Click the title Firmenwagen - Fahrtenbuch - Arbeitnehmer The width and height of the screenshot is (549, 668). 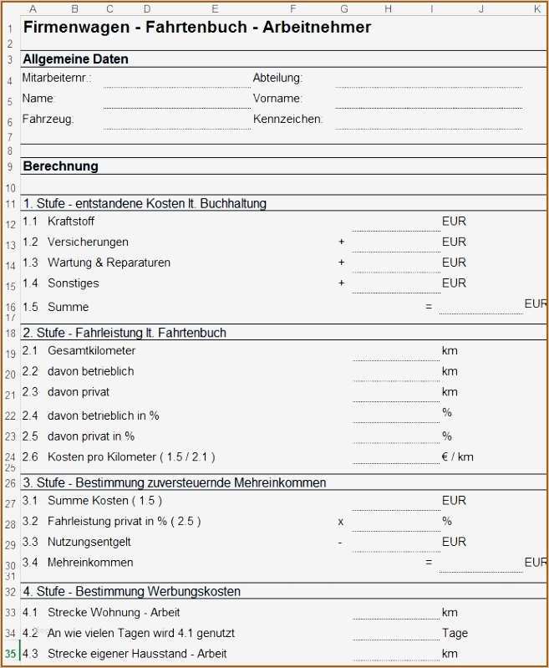click(x=196, y=28)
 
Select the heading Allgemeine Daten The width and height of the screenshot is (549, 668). click(x=75, y=59)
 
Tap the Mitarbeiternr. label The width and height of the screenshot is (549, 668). click(x=56, y=78)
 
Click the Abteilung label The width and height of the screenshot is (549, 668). click(x=277, y=78)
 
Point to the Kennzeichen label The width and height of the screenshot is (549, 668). click(x=287, y=119)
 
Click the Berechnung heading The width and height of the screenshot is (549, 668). click(x=60, y=166)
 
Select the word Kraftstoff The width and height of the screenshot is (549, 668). click(x=71, y=222)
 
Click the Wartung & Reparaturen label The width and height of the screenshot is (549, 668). click(x=109, y=263)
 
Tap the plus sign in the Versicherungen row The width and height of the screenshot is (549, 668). click(x=341, y=242)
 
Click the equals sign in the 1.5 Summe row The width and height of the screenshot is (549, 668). click(x=429, y=307)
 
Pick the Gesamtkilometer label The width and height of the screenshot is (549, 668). click(x=91, y=350)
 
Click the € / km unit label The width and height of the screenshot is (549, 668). click(x=457, y=456)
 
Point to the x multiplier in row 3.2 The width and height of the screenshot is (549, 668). click(x=341, y=522)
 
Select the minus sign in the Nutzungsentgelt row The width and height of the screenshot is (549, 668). click(x=340, y=542)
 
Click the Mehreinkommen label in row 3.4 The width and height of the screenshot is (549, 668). click(x=90, y=563)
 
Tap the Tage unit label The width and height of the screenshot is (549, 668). click(x=455, y=633)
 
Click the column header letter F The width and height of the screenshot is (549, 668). click(x=292, y=9)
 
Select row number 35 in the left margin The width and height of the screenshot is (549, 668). click(x=10, y=654)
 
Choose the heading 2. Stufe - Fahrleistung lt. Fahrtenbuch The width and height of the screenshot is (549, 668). click(x=125, y=333)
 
